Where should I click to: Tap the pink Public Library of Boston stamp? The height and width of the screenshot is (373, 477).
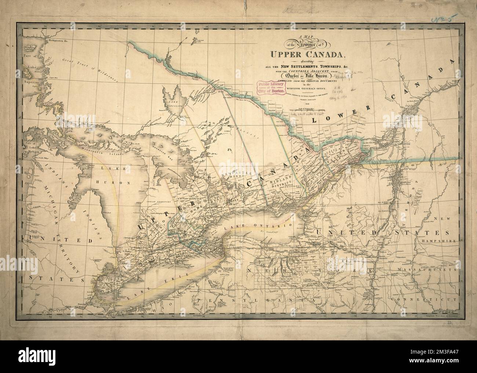click(x=272, y=88)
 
